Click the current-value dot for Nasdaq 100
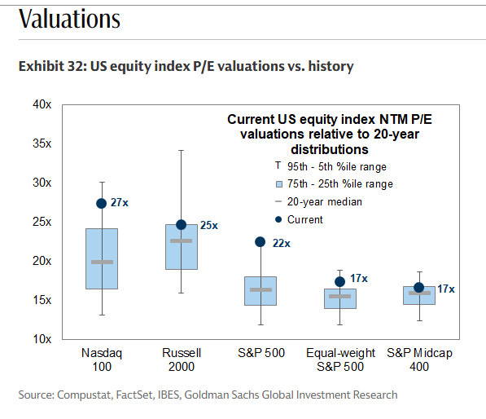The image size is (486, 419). pos(102,204)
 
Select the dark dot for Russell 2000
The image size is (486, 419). pos(182,225)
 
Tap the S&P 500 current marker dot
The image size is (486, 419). pos(261,242)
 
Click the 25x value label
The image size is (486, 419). pos(208,226)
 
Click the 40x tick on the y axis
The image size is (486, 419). pos(42,104)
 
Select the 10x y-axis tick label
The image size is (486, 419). pos(42,339)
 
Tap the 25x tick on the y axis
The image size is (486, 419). pos(42,222)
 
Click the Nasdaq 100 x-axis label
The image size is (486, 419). pos(102,359)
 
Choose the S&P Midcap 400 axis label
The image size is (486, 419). pos(419,359)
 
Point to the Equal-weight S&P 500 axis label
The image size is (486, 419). pos(340,359)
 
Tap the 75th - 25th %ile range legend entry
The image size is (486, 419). pos(334,184)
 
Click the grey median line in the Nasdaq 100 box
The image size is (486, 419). pos(102,262)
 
